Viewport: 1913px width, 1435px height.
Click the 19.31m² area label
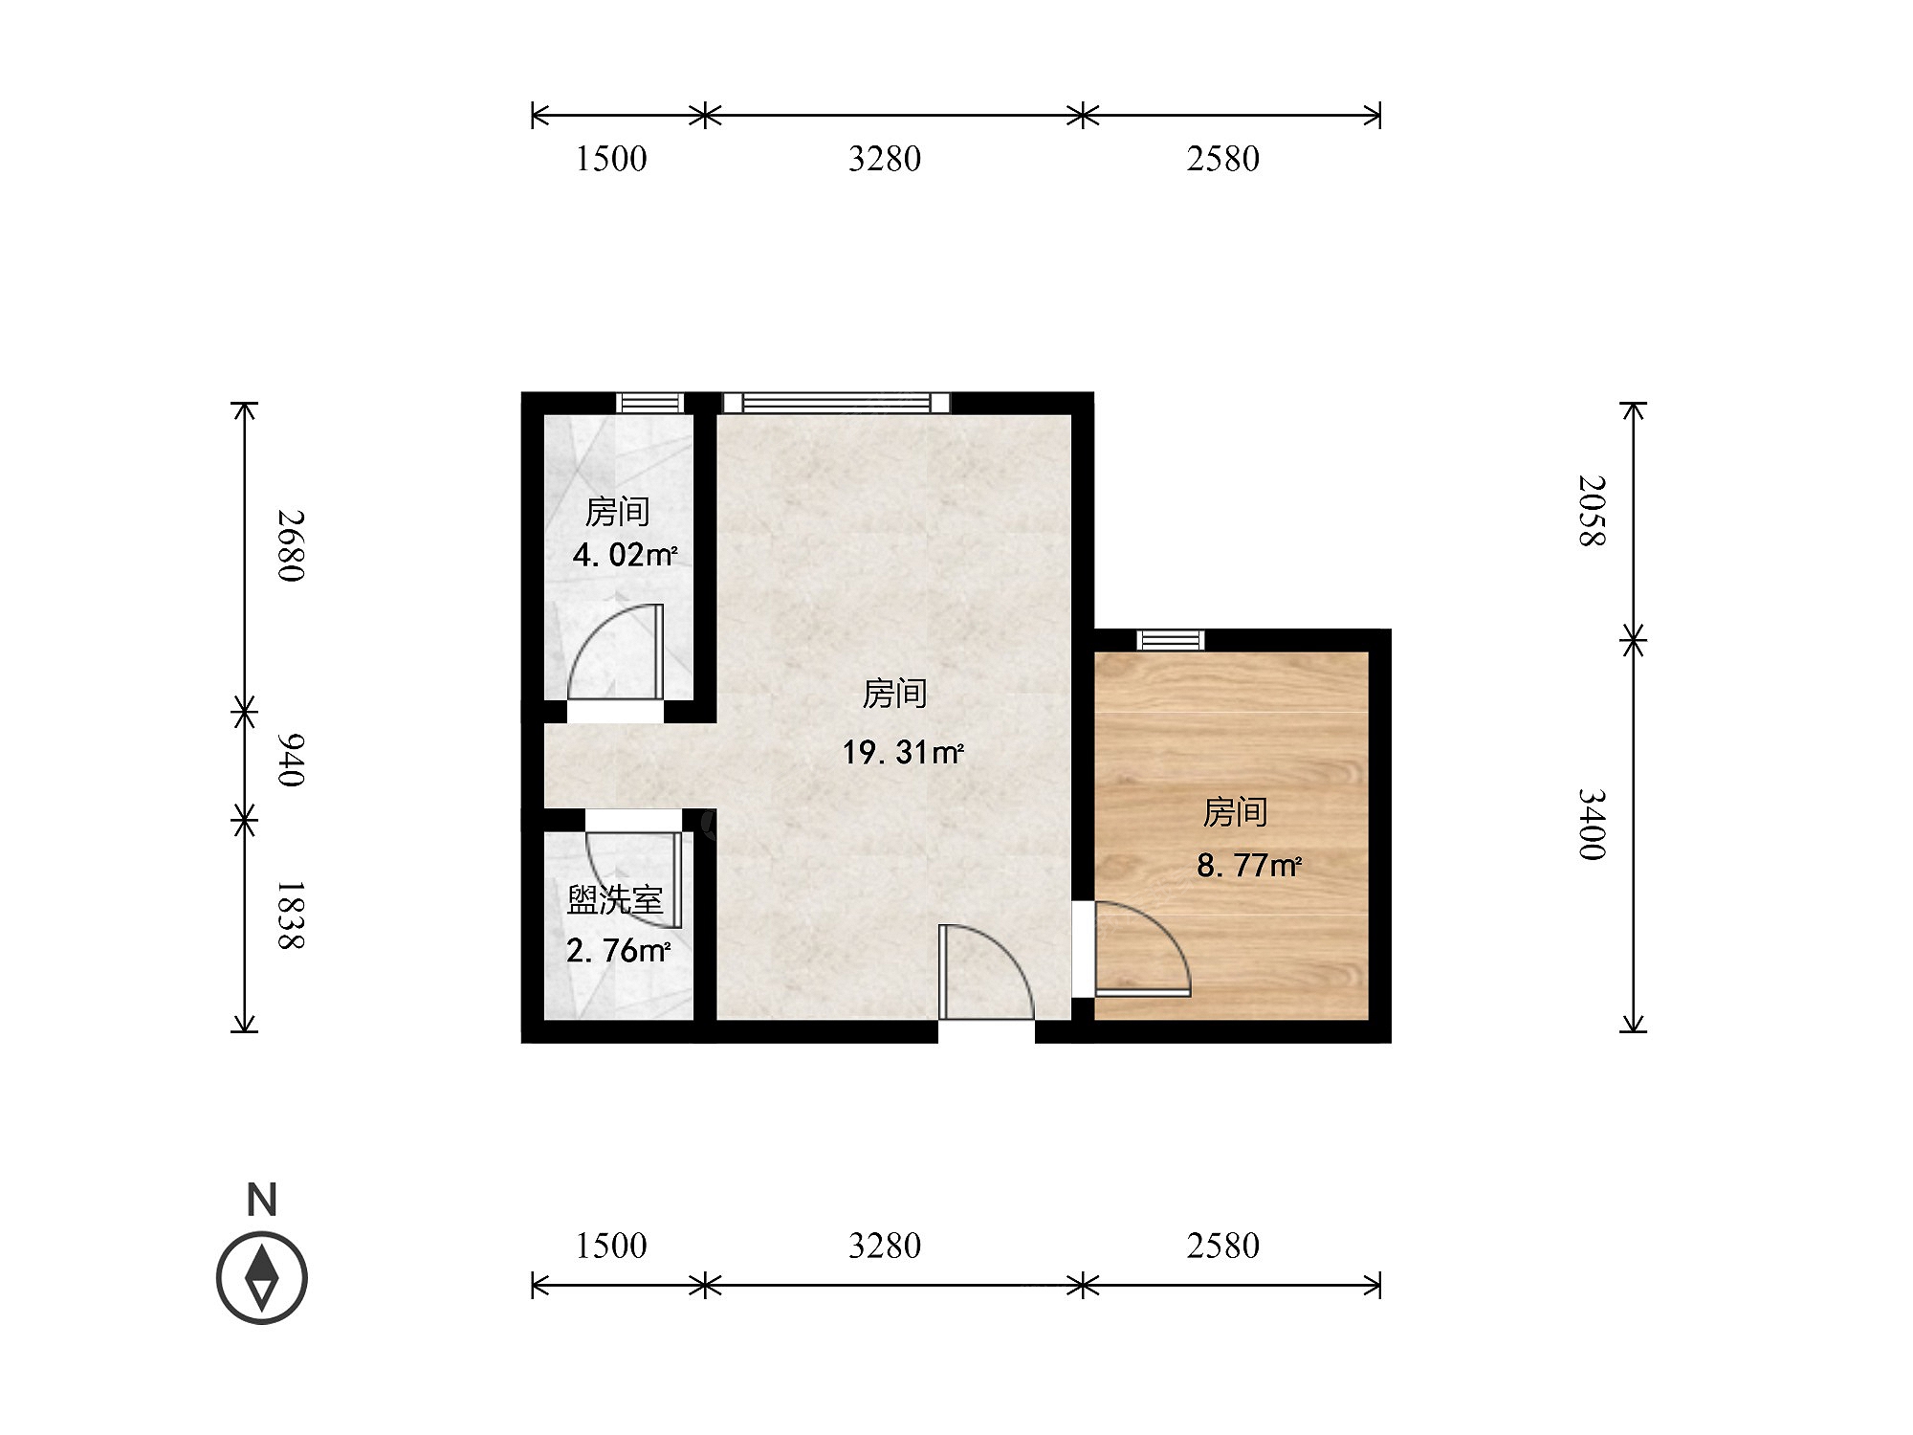pos(903,753)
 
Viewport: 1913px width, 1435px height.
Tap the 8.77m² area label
pos(1249,866)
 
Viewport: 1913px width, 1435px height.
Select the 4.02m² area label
pos(625,555)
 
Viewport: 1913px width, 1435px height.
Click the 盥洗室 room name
pos(615,900)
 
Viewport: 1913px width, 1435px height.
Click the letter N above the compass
pos(262,1200)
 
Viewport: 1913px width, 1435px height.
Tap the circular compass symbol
pos(262,1278)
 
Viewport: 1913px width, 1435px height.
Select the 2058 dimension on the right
pos(1592,510)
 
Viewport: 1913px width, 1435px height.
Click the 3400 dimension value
pos(1592,825)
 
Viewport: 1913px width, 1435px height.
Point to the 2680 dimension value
pos(290,545)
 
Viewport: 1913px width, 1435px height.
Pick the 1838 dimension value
pos(290,916)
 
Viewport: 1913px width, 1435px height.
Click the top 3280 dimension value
pos(885,159)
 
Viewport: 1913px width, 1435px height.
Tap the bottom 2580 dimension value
pos(1223,1246)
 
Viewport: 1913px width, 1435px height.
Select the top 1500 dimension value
pos(611,159)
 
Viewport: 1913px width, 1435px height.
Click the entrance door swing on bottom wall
pos(986,972)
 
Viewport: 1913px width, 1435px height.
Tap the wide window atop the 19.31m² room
pos(837,403)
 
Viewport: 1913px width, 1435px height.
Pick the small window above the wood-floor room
pos(1171,640)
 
